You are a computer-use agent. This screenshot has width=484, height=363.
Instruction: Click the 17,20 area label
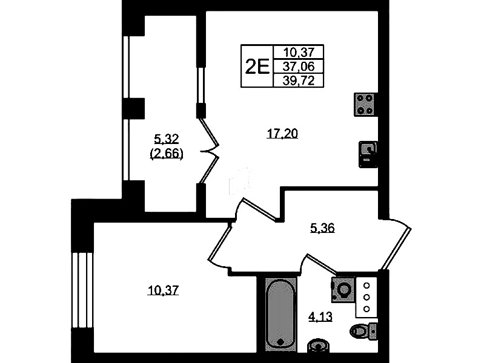click(x=282, y=134)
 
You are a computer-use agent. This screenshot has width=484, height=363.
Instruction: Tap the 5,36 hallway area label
click(x=322, y=228)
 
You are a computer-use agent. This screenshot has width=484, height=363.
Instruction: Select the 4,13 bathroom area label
click(x=320, y=316)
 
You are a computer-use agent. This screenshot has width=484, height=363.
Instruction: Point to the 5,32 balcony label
click(x=167, y=139)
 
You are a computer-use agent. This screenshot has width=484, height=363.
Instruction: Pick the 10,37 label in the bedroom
click(x=164, y=290)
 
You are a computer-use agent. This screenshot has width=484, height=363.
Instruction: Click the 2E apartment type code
click(x=257, y=67)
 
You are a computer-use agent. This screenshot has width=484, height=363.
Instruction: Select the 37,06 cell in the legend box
click(x=299, y=67)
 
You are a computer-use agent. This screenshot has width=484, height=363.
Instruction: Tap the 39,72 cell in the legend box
click(x=299, y=81)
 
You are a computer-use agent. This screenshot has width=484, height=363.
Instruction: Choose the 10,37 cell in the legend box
click(x=299, y=53)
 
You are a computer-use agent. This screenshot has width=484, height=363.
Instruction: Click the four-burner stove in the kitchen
click(x=366, y=104)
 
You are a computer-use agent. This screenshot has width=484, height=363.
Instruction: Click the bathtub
click(x=280, y=314)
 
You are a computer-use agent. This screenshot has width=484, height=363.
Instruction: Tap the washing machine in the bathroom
click(x=343, y=290)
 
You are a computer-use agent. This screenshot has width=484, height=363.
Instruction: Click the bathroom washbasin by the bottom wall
click(x=318, y=345)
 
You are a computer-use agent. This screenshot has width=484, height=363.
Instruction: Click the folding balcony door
click(x=210, y=151)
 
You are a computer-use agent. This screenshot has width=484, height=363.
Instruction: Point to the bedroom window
click(x=82, y=290)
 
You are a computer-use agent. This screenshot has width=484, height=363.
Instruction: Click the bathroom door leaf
click(x=321, y=264)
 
